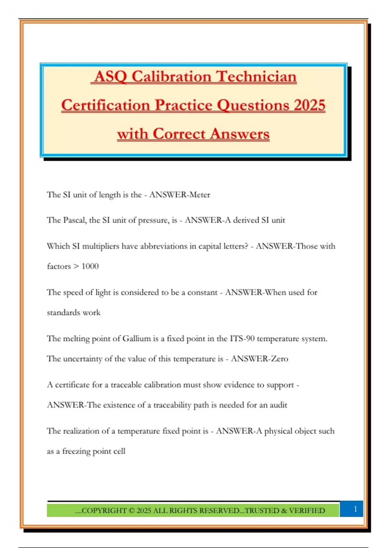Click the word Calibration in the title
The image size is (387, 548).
(x=172, y=77)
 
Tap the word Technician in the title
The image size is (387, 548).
(x=256, y=77)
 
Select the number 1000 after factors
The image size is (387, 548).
(x=90, y=266)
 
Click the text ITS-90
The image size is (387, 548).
(x=242, y=339)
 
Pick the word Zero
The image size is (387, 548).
(x=280, y=359)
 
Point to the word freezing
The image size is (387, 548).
(x=76, y=451)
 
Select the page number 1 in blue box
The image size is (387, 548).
(x=355, y=509)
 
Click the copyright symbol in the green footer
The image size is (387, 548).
(x=131, y=511)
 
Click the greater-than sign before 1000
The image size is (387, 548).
(x=76, y=266)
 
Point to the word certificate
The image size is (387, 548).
(x=72, y=385)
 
